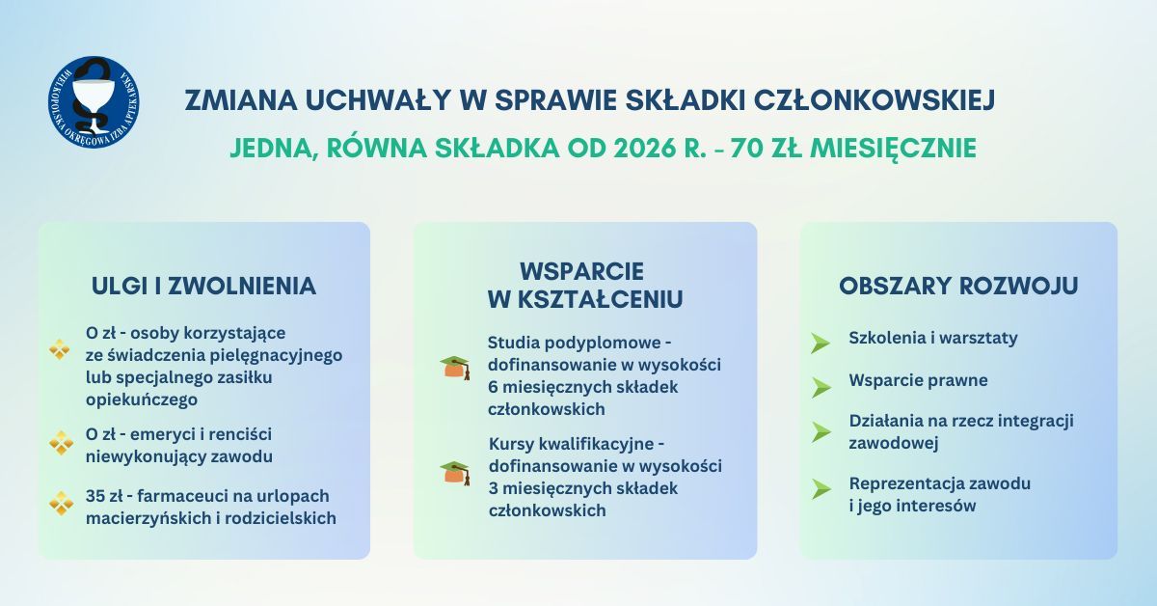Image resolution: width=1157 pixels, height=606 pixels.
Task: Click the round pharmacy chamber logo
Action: pyautogui.click(x=94, y=102)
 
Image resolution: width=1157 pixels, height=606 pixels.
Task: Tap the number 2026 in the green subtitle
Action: pyautogui.click(x=645, y=149)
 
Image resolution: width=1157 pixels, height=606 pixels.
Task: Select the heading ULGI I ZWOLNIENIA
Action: pyautogui.click(x=203, y=286)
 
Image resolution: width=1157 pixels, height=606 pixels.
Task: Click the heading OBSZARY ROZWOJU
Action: pyautogui.click(x=958, y=286)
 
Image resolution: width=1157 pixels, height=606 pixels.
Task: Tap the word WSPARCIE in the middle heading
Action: pyautogui.click(x=581, y=271)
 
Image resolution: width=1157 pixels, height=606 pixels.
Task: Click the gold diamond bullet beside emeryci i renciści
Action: pyautogui.click(x=61, y=443)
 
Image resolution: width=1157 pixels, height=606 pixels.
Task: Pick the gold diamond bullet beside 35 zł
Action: pyautogui.click(x=61, y=504)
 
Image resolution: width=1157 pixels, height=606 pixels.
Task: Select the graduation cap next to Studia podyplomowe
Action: pyautogui.click(x=455, y=368)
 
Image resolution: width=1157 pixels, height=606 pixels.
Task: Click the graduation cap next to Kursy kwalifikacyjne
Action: pyautogui.click(x=455, y=473)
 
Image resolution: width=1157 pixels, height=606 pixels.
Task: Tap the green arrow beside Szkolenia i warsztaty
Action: pyautogui.click(x=820, y=343)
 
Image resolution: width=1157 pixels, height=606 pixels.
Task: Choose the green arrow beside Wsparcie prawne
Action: pyautogui.click(x=821, y=387)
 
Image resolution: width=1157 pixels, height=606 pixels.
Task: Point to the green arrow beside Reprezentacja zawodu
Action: pyautogui.click(x=821, y=489)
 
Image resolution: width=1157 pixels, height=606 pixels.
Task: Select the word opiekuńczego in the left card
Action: pyautogui.click(x=142, y=399)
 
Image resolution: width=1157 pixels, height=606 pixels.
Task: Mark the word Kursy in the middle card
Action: pyautogui.click(x=511, y=444)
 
